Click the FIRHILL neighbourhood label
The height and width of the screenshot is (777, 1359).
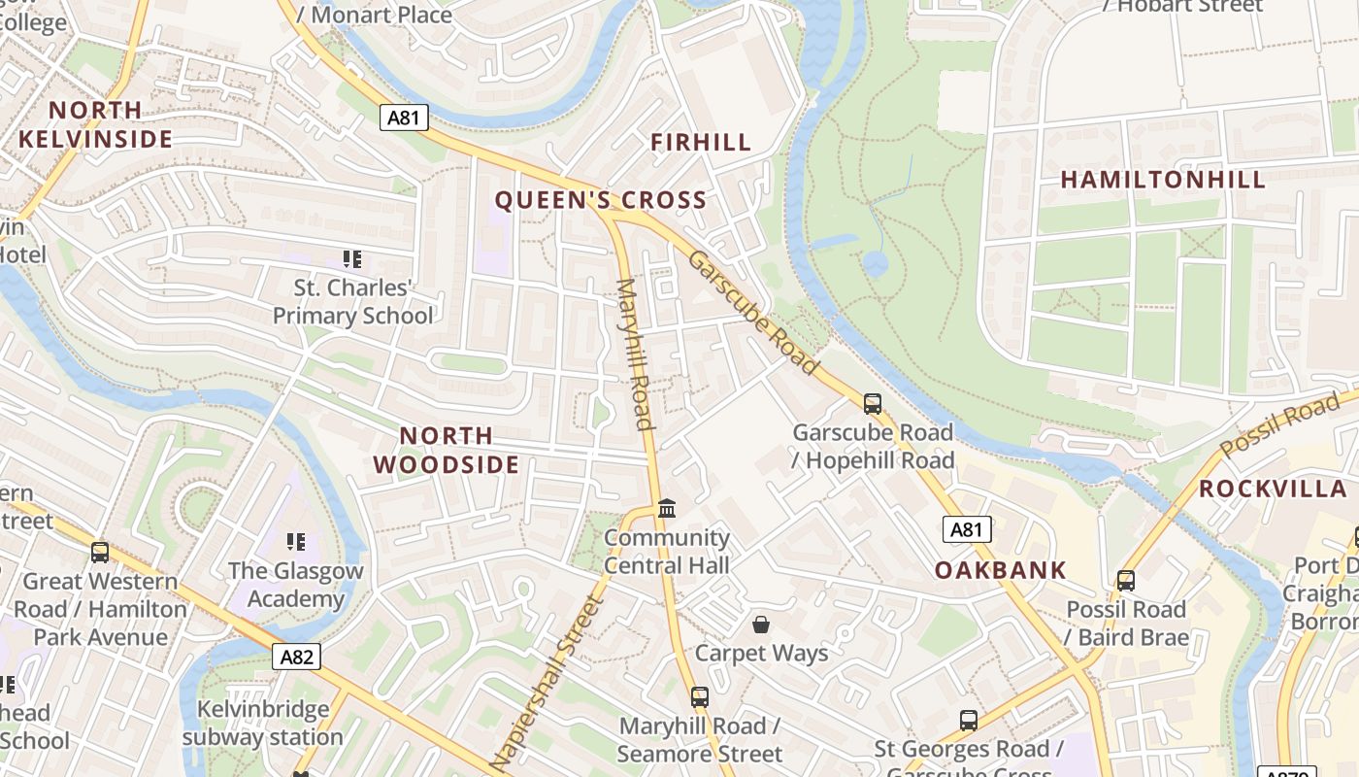(701, 143)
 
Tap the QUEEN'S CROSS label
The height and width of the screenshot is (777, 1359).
(601, 201)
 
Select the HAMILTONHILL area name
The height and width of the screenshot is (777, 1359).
(1163, 180)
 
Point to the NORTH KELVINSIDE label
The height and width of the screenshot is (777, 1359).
(95, 124)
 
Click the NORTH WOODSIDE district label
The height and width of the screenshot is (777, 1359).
(447, 450)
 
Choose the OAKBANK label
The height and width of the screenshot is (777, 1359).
(1001, 570)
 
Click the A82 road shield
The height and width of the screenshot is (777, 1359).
(296, 658)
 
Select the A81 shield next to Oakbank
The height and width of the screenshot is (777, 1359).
(967, 529)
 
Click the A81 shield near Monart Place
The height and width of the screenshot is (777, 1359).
(403, 118)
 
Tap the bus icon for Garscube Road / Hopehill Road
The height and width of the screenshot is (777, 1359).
(872, 404)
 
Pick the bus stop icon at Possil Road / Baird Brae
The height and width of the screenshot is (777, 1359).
(1125, 581)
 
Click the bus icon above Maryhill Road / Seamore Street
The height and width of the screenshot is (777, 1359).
(699, 696)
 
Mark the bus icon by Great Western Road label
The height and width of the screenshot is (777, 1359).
(99, 553)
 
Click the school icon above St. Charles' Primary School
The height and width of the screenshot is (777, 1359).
(351, 259)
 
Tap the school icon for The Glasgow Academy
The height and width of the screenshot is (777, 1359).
(295, 541)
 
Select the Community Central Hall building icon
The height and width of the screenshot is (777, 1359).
(666, 508)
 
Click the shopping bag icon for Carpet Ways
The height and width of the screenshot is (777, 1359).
(761, 624)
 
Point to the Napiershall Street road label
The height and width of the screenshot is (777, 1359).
(548, 680)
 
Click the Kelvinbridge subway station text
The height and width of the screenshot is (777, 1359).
(263, 723)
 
